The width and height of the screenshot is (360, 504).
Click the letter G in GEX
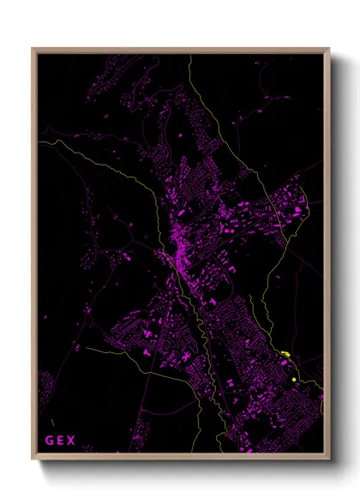(50, 441)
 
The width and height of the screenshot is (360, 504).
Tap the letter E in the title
(60, 441)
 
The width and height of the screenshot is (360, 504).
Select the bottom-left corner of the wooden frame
(33, 460)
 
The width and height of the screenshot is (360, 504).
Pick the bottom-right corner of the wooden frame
(329, 460)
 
